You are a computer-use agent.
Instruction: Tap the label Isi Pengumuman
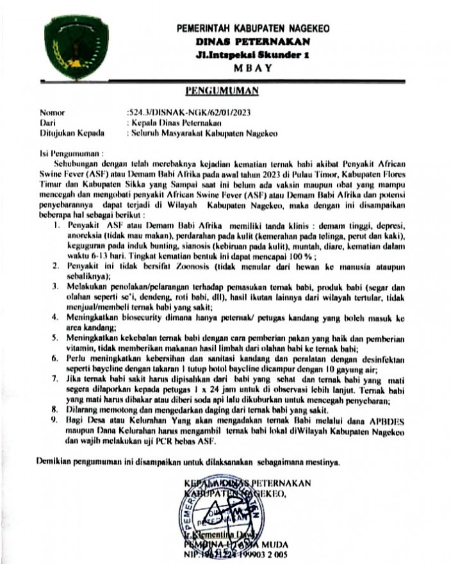click(70, 154)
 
